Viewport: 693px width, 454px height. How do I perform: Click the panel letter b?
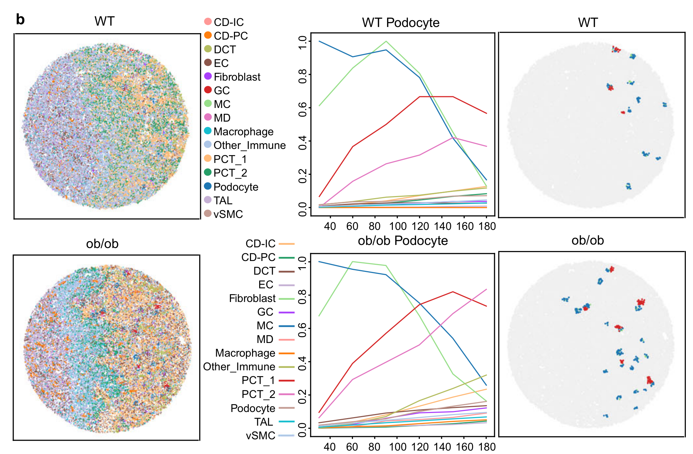(20, 20)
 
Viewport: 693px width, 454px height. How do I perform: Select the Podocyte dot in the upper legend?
(208, 186)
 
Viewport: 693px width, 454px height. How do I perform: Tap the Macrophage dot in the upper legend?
(208, 131)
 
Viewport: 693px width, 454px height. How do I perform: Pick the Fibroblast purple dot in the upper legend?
(208, 76)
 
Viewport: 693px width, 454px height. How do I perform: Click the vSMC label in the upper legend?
(228, 214)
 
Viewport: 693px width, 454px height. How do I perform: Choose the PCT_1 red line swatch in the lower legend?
(286, 381)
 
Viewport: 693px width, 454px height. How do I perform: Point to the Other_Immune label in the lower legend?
(239, 367)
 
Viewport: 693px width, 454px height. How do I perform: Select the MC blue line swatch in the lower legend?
(286, 326)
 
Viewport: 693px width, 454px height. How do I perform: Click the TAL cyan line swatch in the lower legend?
(286, 422)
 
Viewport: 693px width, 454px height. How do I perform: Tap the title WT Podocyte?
(401, 23)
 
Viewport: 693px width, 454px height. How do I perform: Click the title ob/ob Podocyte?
(403, 240)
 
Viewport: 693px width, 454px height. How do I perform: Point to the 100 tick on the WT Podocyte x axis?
(398, 226)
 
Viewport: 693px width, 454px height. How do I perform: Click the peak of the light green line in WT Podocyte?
(386, 41)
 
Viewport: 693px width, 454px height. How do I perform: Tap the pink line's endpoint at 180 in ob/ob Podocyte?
(486, 289)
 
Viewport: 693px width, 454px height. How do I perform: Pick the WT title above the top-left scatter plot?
(104, 21)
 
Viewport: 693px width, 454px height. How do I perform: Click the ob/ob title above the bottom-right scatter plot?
(588, 240)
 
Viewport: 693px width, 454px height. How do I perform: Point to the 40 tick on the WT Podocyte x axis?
(330, 226)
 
